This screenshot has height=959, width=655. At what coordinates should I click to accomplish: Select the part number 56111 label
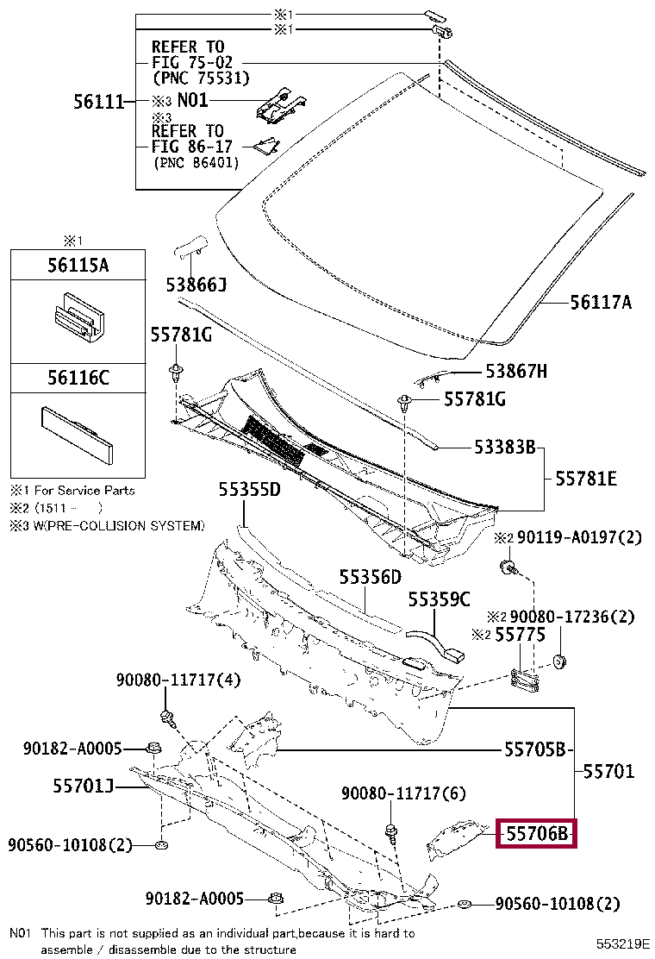click(97, 103)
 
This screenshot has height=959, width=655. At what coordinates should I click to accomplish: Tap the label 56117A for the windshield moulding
click(601, 302)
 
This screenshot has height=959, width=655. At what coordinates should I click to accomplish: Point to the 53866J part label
click(196, 284)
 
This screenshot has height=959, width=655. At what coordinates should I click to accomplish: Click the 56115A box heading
click(78, 266)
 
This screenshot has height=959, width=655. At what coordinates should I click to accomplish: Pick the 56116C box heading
click(78, 377)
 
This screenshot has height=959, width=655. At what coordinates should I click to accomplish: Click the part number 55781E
click(585, 478)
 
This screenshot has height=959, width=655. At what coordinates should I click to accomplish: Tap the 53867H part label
click(516, 371)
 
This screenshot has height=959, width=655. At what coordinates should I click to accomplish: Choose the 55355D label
click(249, 490)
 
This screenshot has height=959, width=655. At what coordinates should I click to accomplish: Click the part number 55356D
click(370, 576)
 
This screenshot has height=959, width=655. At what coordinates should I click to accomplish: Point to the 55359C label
click(440, 599)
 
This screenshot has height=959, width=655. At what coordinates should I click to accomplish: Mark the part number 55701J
click(84, 785)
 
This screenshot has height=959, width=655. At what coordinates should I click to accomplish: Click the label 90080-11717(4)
click(178, 680)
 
